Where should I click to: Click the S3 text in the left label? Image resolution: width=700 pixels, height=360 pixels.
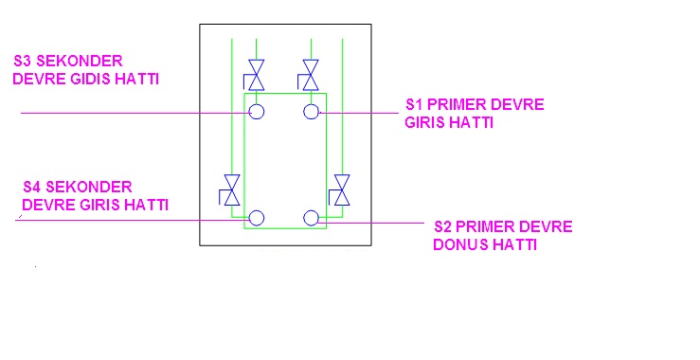[23, 61]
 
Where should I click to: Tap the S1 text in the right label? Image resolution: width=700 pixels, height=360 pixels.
[414, 104]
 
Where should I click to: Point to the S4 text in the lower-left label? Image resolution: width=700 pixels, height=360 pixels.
[32, 187]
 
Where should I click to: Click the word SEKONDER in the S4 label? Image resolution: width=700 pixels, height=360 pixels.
[89, 187]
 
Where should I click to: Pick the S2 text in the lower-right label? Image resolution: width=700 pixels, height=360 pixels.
[443, 226]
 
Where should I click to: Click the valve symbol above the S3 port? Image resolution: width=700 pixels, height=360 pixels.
[255, 75]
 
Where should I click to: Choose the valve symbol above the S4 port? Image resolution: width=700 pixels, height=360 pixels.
[230, 189]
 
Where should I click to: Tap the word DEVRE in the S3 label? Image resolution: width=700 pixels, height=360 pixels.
[39, 79]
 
